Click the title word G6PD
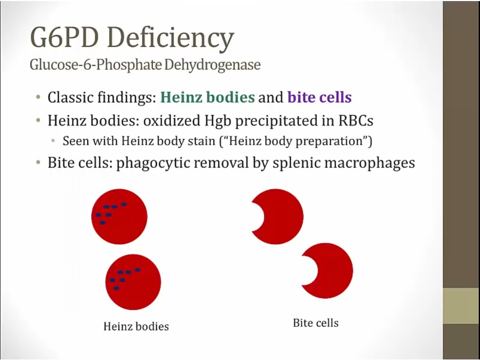(x=65, y=37)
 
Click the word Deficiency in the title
(x=171, y=39)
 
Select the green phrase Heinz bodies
(x=207, y=97)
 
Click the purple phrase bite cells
(x=319, y=97)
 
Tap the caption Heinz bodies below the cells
(x=136, y=326)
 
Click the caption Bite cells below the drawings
(x=316, y=323)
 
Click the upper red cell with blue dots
(x=119, y=217)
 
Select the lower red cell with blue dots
(x=133, y=282)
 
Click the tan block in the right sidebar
(x=461, y=306)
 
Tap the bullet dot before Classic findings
(x=38, y=98)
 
